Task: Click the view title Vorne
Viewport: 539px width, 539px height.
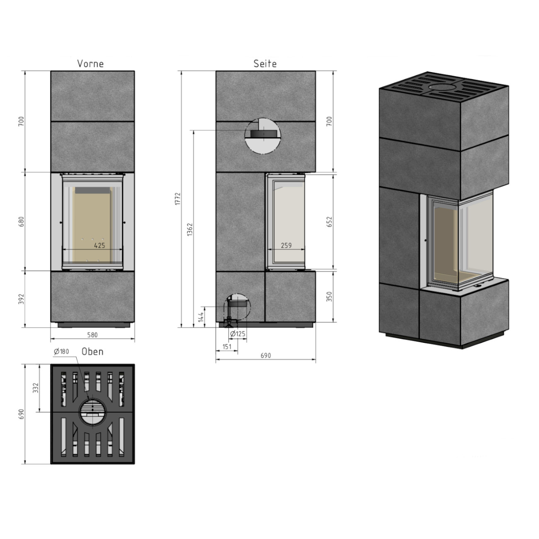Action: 90,63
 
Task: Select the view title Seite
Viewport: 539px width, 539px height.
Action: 265,63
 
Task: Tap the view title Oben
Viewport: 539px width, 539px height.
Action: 92,352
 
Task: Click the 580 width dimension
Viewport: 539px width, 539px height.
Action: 92,335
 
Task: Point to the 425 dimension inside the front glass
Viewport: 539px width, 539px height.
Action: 100,245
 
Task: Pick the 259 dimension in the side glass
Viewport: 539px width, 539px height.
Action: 286,245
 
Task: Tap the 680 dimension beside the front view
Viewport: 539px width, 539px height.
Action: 22,222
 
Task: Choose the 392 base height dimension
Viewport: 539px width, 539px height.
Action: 22,299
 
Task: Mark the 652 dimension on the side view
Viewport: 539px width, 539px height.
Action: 330,222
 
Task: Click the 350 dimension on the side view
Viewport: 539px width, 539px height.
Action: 330,297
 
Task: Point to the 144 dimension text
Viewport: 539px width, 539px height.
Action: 201,317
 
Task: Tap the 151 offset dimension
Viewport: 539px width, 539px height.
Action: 226,347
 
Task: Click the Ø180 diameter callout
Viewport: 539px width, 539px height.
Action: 61,352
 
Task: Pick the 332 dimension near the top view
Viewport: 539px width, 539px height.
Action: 36,388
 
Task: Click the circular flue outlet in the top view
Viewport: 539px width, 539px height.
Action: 92,412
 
